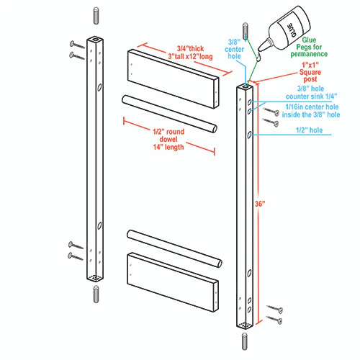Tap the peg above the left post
pos(96,16)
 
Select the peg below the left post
pos(96,294)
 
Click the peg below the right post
pos(245,341)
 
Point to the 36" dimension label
pos(260,204)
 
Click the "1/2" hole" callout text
pos(309,130)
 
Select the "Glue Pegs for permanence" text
pos(309,47)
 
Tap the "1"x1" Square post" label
pos(310,72)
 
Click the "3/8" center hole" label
pos(234,49)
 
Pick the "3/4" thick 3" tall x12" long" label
pos(190,53)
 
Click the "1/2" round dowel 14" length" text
pos(168,139)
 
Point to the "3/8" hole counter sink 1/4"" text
pos(311,92)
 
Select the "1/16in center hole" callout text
pos(312,107)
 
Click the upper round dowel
pos(170,114)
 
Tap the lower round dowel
pos(174,248)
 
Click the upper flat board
pos(173,79)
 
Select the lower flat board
pos(173,282)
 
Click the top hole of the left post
pos(96,39)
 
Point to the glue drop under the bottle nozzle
pos(258,58)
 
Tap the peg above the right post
pos(246,31)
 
